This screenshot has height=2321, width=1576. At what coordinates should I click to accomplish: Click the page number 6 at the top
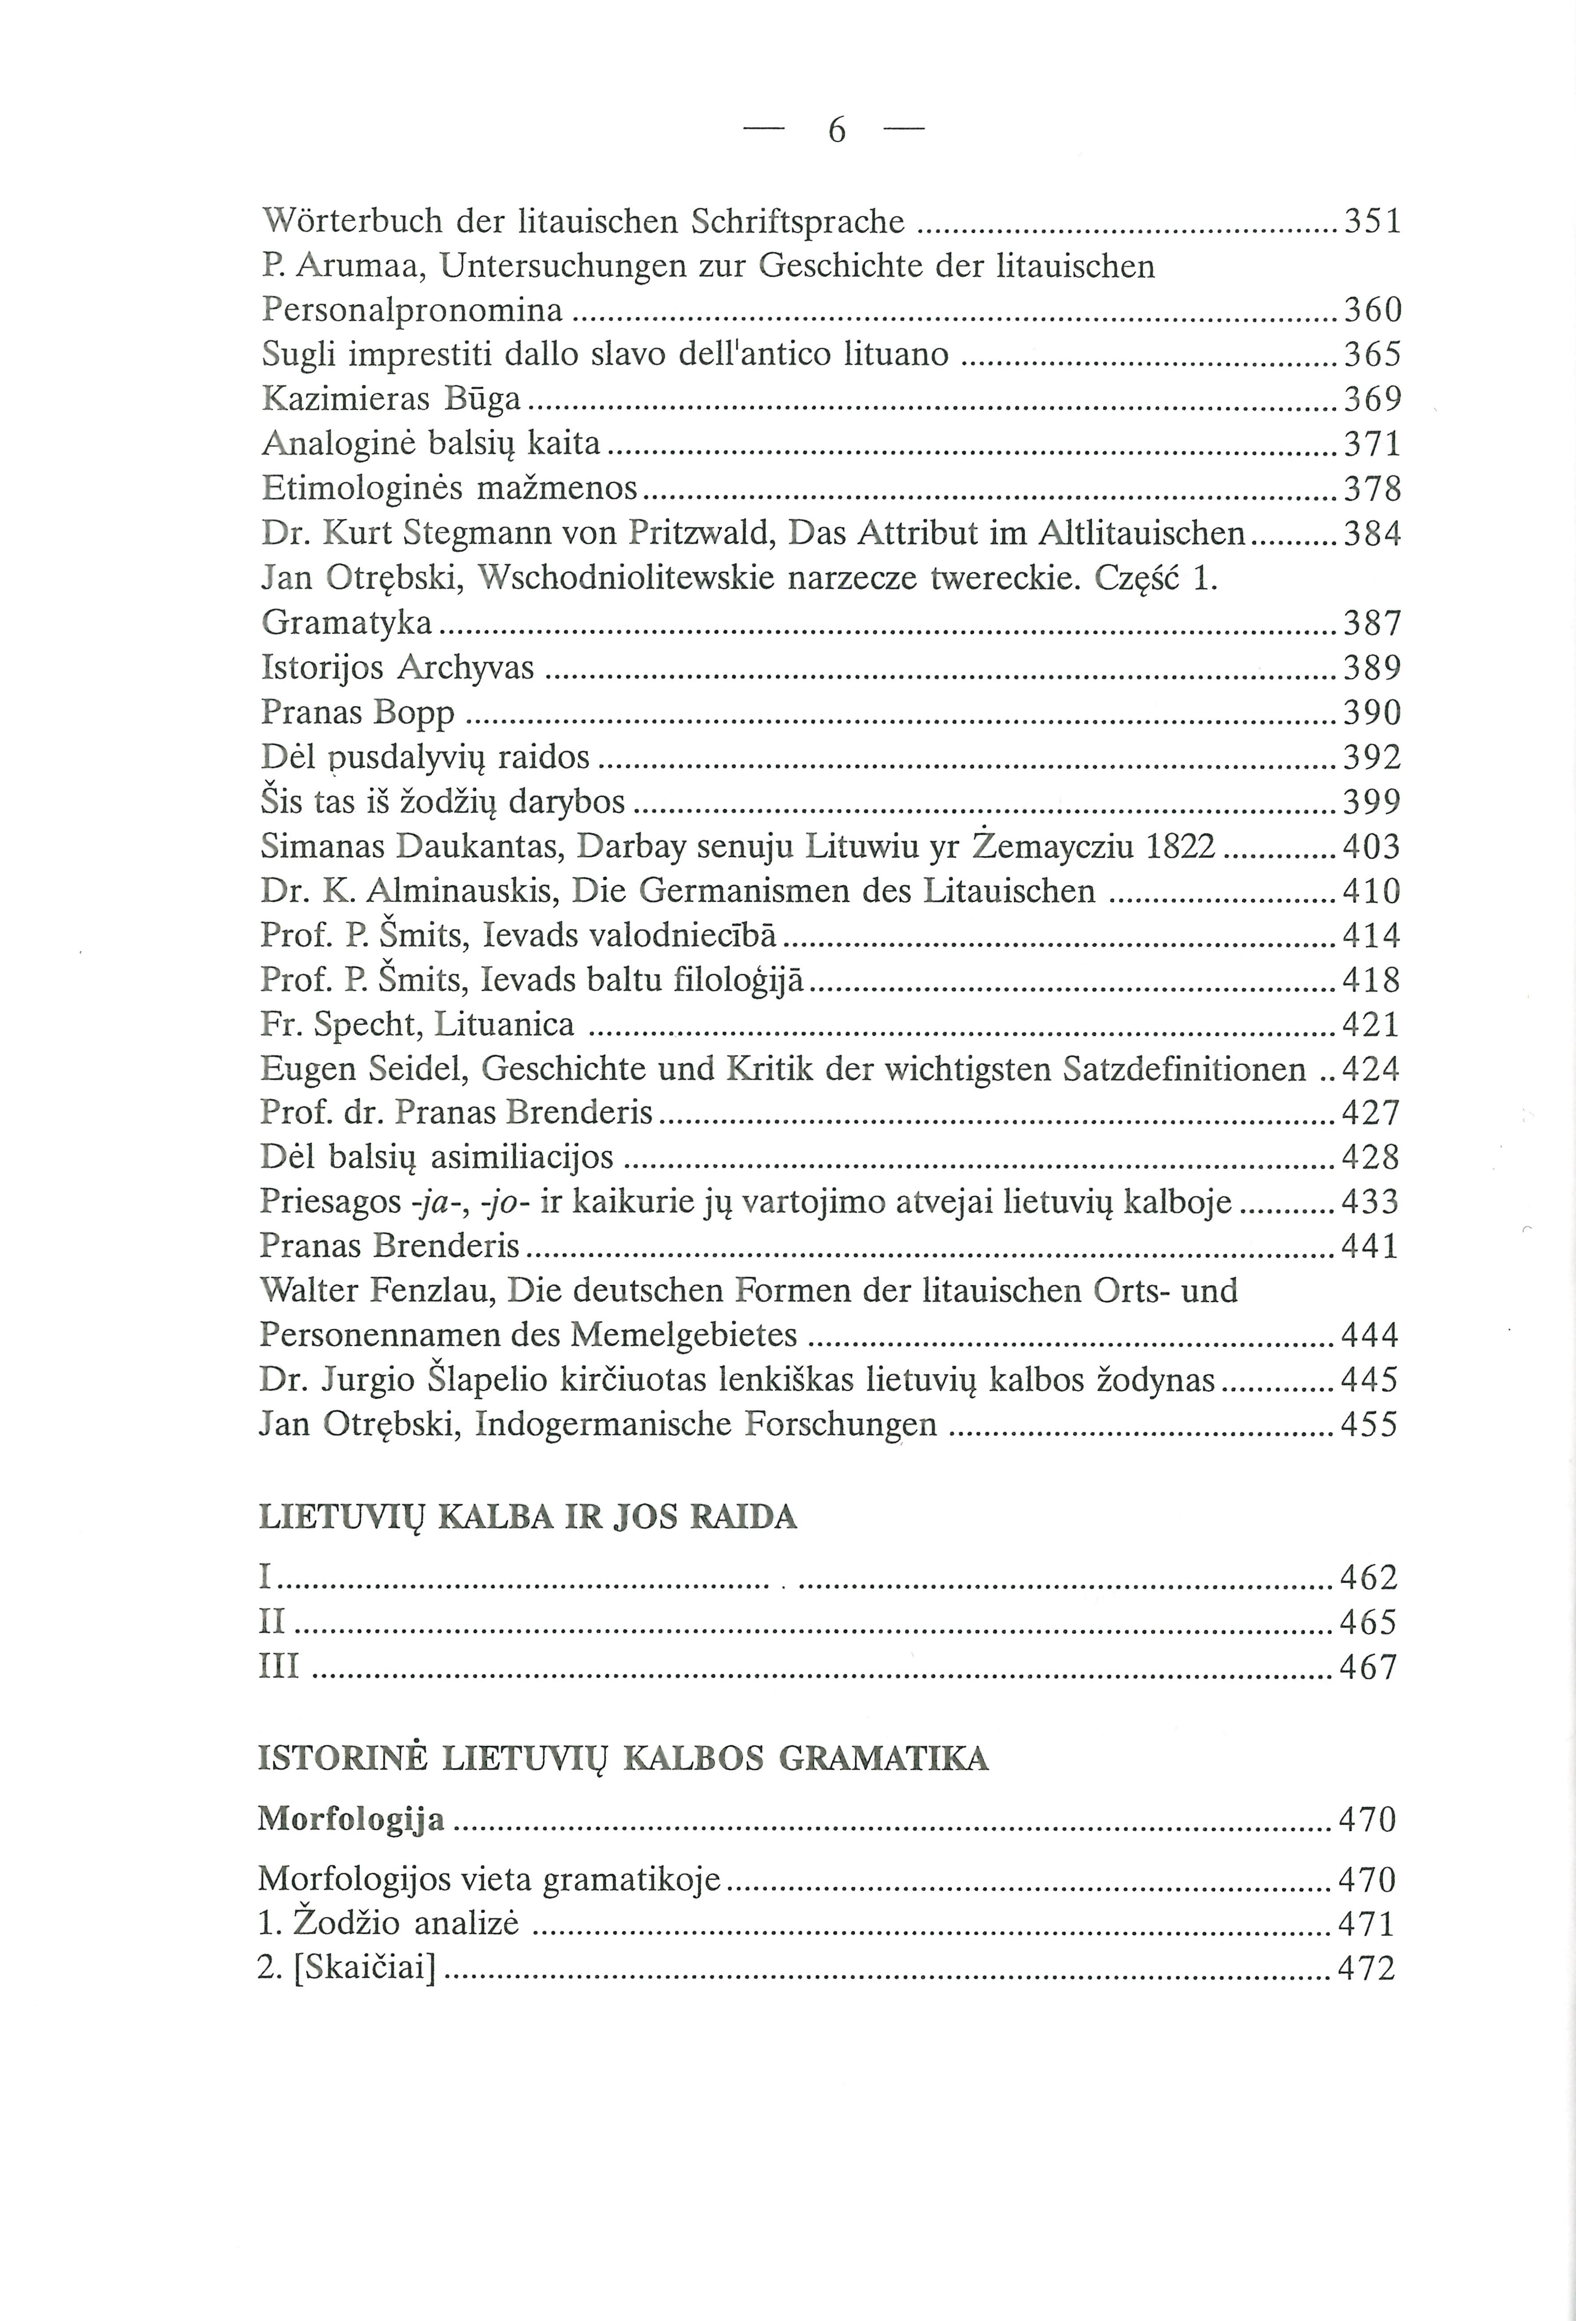click(x=837, y=130)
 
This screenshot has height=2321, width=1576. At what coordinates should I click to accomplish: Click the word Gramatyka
click(x=346, y=623)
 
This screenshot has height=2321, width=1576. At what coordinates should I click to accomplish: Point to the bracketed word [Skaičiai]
click(x=365, y=1968)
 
